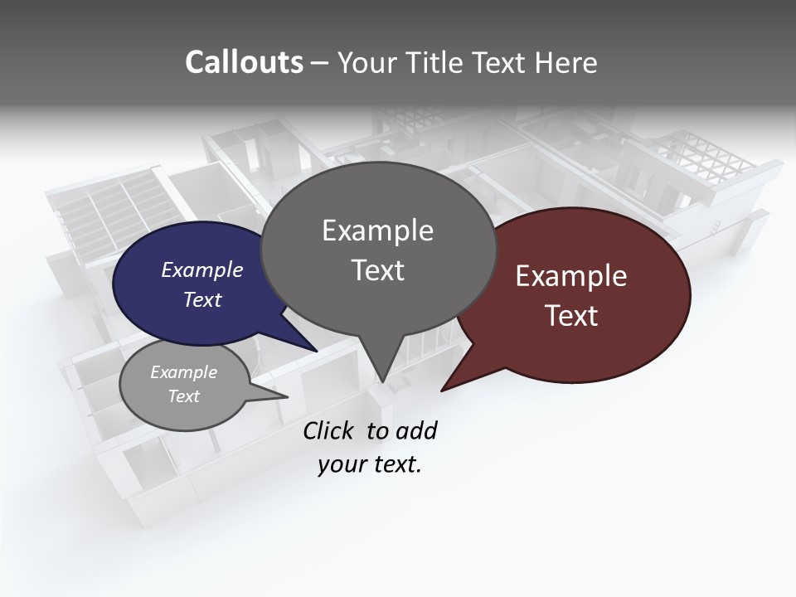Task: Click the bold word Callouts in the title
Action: (x=244, y=62)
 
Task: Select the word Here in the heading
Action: (x=565, y=62)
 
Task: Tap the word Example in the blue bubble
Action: (x=201, y=269)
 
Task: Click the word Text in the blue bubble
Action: (x=201, y=299)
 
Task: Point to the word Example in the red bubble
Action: (x=571, y=276)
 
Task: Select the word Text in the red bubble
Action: (x=571, y=316)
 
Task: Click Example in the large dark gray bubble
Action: (x=377, y=231)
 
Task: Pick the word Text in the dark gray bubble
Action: (x=377, y=270)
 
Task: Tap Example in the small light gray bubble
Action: (x=183, y=372)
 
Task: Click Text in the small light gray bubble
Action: (x=183, y=396)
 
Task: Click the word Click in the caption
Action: (x=329, y=430)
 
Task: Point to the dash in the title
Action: (x=320, y=63)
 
